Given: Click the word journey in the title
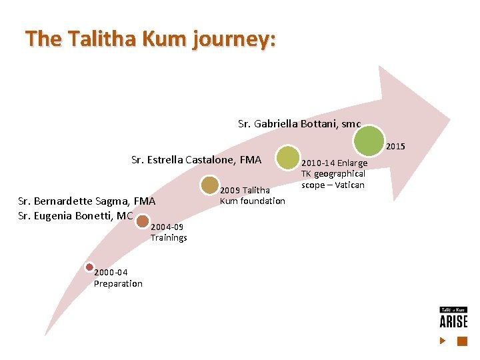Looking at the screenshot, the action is [x=232, y=39].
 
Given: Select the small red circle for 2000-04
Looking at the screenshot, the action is [x=90, y=267].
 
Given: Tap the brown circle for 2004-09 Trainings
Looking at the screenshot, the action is [x=143, y=221].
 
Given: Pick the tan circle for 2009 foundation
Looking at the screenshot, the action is [x=209, y=186].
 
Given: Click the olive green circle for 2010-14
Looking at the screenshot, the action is [x=289, y=157].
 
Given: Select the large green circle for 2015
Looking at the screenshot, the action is [x=369, y=140].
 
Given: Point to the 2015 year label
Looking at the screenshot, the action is [x=395, y=147].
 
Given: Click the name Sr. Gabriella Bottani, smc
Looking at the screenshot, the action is [x=299, y=123].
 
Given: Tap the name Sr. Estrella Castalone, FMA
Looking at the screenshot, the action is [x=197, y=159].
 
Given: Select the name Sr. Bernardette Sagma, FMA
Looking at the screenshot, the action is [x=87, y=201].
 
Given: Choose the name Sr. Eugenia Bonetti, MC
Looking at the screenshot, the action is [x=75, y=215].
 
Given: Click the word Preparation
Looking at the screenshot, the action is [x=118, y=283].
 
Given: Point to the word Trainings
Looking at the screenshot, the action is [x=169, y=237].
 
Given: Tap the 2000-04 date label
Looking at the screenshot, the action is [x=111, y=273].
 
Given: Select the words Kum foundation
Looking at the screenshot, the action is [x=253, y=201].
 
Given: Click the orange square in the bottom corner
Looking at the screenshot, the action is [x=461, y=341].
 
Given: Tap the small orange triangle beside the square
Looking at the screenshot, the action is [x=443, y=341].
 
